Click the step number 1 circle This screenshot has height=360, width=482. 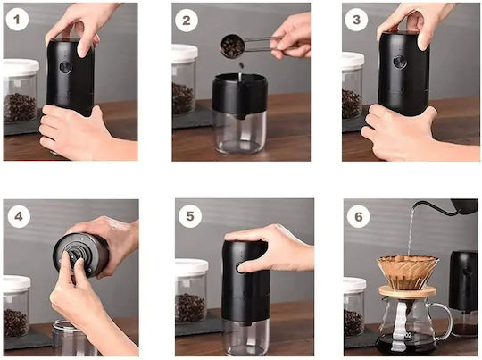point(17,20)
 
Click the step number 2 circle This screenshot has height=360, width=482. point(187,21)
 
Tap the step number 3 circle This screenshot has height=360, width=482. point(356,20)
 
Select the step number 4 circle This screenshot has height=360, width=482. point(19,216)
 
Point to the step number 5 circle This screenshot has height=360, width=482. point(190,216)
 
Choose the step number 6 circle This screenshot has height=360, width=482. point(359,216)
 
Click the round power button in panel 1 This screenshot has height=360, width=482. point(65,67)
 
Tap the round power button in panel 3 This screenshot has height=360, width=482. point(400,62)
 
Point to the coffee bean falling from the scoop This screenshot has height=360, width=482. point(241,65)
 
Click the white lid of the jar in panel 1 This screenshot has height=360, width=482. point(21,67)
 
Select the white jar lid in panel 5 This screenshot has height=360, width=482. point(192,268)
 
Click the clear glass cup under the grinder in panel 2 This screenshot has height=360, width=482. point(240,132)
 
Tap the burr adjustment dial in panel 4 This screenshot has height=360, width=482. point(74,255)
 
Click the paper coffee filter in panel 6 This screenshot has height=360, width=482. point(408,272)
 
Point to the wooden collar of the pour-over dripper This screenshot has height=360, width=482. point(407,291)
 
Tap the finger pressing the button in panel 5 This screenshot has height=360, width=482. point(249,267)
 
